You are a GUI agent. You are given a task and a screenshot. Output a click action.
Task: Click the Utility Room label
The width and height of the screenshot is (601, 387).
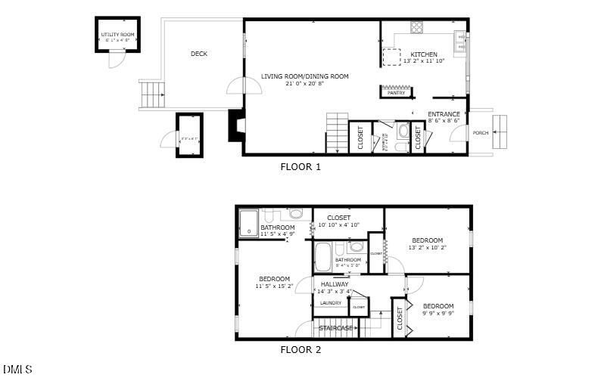pyautogui.click(x=117, y=35)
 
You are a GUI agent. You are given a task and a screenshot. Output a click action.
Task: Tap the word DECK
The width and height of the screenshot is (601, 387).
pyautogui.click(x=199, y=54)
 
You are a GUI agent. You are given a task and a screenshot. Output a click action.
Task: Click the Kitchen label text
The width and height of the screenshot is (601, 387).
pyautogui.click(x=423, y=54)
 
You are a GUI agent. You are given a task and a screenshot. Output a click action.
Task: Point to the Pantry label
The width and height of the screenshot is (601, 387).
pyautogui.click(x=396, y=93)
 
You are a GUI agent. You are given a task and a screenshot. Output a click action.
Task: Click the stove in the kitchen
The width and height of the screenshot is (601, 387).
pyautogui.click(x=416, y=28)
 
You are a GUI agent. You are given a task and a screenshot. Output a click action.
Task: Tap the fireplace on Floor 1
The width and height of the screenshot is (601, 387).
pyautogui.click(x=235, y=126)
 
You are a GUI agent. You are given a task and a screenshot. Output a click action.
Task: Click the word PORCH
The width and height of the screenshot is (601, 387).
pyautogui.click(x=481, y=133)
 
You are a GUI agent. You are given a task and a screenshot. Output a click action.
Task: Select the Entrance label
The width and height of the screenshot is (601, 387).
pyautogui.click(x=444, y=114)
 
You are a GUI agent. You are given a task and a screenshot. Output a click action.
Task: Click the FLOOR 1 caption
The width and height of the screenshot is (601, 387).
pyautogui.click(x=300, y=167)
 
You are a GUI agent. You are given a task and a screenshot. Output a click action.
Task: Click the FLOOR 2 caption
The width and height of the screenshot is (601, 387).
pyautogui.click(x=300, y=350)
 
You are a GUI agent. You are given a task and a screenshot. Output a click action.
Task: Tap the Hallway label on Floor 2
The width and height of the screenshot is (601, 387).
pyautogui.click(x=335, y=284)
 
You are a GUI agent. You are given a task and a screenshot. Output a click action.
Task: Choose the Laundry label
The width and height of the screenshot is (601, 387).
pyautogui.click(x=331, y=303)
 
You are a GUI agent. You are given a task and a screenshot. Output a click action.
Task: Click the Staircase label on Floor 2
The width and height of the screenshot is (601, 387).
pyautogui.click(x=335, y=328)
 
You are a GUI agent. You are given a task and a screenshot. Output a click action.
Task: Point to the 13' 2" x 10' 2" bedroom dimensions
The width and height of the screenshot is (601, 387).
pyautogui.click(x=427, y=247)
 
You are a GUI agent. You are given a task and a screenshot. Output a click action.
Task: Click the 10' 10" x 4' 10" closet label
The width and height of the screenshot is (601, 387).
pyautogui.click(x=338, y=224)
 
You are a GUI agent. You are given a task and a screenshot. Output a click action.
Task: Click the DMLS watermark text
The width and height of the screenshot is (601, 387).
pyautogui.click(x=17, y=370)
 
